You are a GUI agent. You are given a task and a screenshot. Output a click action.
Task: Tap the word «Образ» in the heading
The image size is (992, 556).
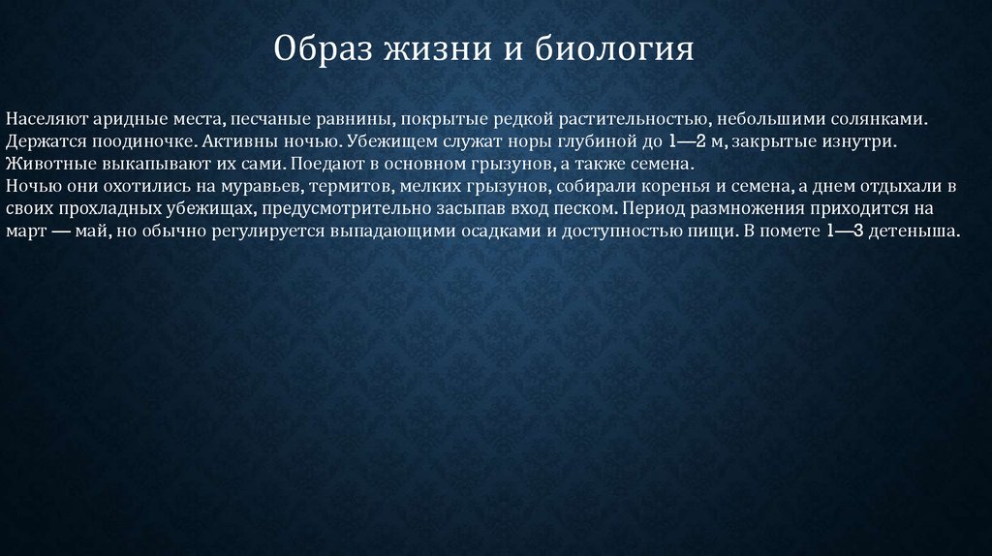(x=323, y=48)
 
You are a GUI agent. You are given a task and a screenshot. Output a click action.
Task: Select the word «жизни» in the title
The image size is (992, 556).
(x=438, y=48)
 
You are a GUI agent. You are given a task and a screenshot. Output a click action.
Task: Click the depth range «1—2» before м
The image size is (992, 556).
(x=687, y=141)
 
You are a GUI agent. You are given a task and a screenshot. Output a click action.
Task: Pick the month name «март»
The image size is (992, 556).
(x=25, y=232)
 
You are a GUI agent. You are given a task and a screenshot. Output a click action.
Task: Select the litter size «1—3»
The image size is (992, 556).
(x=845, y=231)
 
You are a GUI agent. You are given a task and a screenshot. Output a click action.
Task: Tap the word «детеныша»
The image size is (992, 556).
(x=914, y=231)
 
